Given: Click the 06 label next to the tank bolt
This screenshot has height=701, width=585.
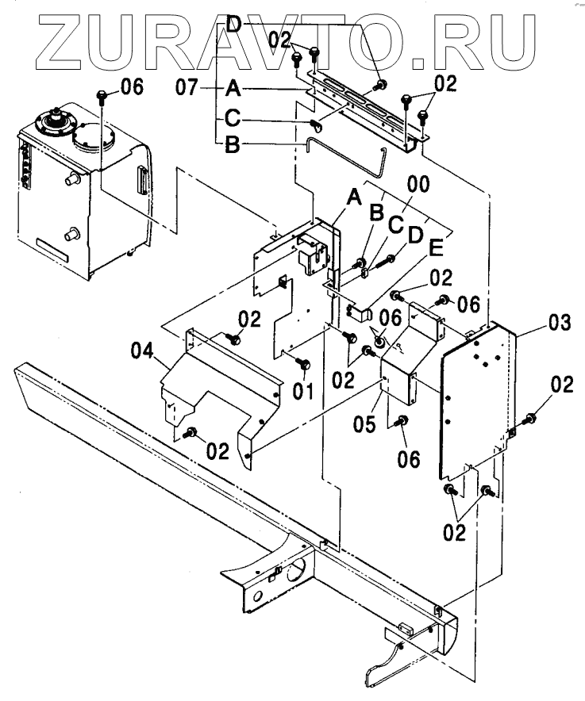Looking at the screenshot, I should point(132,87).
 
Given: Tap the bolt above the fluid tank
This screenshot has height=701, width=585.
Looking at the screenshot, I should point(102,97).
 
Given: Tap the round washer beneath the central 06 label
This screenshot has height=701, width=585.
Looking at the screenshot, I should point(379,342).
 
